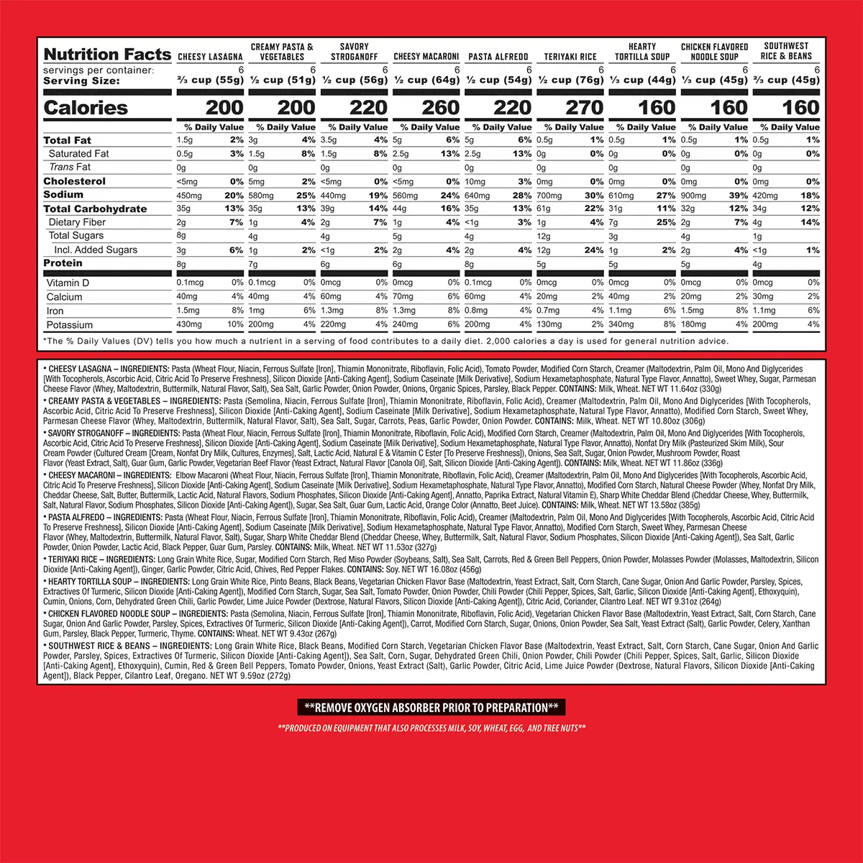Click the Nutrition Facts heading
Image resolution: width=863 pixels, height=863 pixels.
[107, 55]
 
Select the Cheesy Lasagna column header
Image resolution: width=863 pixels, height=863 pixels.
[210, 57]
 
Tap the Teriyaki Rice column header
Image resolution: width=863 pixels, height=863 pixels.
[570, 57]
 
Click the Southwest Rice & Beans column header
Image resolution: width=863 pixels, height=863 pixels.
[786, 51]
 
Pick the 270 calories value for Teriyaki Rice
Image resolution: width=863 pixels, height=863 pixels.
[584, 108]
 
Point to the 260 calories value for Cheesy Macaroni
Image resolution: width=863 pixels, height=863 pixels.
[440, 108]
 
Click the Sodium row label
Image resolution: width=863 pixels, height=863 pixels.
[63, 195]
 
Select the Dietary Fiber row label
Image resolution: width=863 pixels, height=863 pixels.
[77, 222]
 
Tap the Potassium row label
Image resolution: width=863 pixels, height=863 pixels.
[70, 325]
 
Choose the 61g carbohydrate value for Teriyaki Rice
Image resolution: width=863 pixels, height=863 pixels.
[544, 209]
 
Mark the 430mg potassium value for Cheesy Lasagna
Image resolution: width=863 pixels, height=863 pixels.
[189, 324]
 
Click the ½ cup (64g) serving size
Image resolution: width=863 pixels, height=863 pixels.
[426, 80]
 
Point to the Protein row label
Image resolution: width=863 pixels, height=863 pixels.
[63, 263]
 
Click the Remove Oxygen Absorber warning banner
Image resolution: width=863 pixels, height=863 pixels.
[431, 708]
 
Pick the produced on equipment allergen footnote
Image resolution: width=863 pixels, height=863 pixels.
[431, 729]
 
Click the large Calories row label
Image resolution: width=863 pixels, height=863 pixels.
[86, 108]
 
